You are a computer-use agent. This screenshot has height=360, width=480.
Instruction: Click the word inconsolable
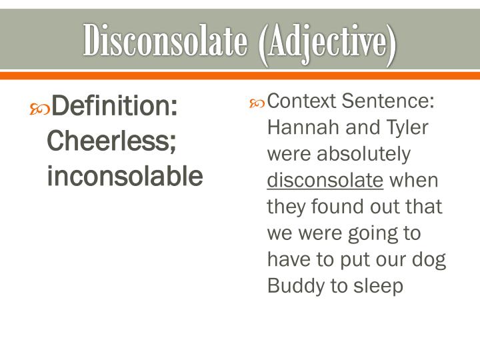(125, 176)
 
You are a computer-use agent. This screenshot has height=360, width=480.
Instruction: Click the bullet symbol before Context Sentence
(257, 103)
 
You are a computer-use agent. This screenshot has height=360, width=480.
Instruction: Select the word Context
(302, 101)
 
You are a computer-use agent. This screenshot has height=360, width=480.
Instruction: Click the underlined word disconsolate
(325, 181)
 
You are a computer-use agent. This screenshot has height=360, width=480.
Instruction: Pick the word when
(413, 181)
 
